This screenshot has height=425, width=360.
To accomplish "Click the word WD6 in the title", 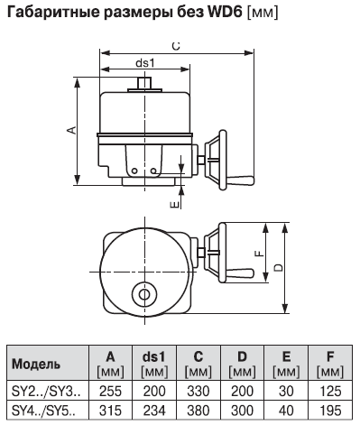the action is [x=225, y=12].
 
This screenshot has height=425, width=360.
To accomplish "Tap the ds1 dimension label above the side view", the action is [x=145, y=63].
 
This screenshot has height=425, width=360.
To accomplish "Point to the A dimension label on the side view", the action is [x=71, y=130].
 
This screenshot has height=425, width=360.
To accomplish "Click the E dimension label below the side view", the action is [x=175, y=205].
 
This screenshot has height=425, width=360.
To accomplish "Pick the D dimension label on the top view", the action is [x=279, y=267].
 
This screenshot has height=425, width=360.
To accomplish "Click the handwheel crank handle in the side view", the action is [x=240, y=180].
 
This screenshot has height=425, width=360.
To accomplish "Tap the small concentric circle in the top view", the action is [x=144, y=295].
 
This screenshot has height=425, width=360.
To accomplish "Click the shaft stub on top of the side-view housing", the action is [x=144, y=83].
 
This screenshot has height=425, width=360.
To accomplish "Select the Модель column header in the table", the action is [x=36, y=365].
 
